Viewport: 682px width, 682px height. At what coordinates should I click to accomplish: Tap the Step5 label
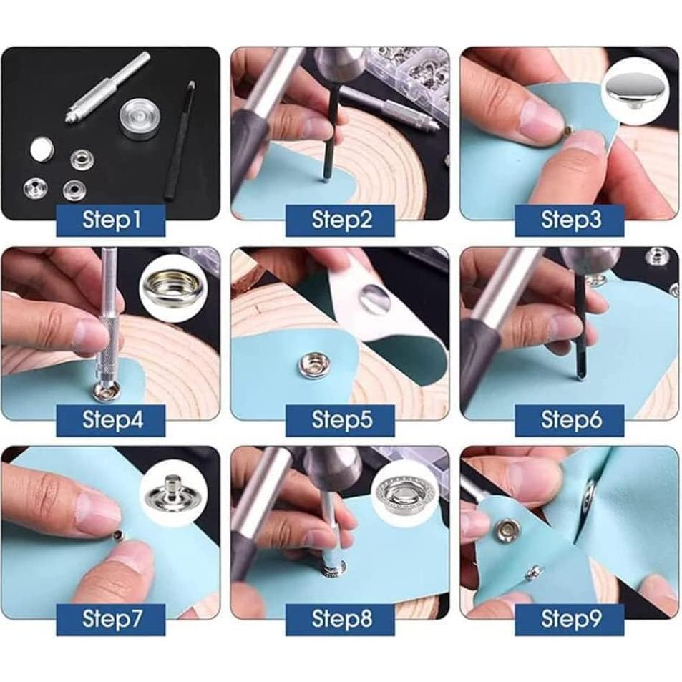pos(340,419)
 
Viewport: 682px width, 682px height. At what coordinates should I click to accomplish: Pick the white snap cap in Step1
pos(42,150)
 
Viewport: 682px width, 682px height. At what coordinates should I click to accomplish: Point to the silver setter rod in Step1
pos(107,87)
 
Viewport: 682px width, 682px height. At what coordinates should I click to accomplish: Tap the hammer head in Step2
pos(338,64)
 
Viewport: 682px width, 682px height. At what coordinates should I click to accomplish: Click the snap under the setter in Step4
pos(106,391)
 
